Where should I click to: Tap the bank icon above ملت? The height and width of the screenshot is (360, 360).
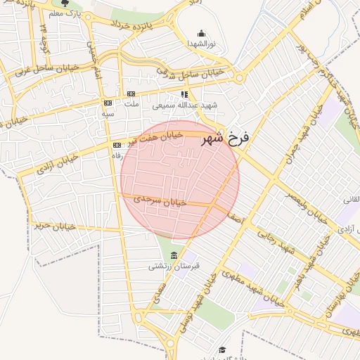coord(131,94)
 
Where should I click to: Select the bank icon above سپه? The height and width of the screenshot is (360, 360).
coord(107,103)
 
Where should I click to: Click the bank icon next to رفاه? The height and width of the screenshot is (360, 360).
coord(116,145)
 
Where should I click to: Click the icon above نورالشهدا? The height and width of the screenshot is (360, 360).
coord(202,33)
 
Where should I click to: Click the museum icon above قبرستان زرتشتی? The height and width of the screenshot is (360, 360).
coord(174,255)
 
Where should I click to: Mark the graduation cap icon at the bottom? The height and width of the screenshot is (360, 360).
coord(222,350)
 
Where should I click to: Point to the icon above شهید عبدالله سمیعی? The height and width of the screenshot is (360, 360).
coord(184,94)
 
